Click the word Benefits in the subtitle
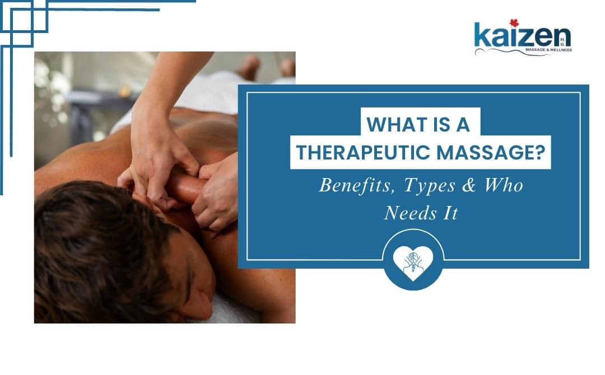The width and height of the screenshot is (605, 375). pos(352,185)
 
